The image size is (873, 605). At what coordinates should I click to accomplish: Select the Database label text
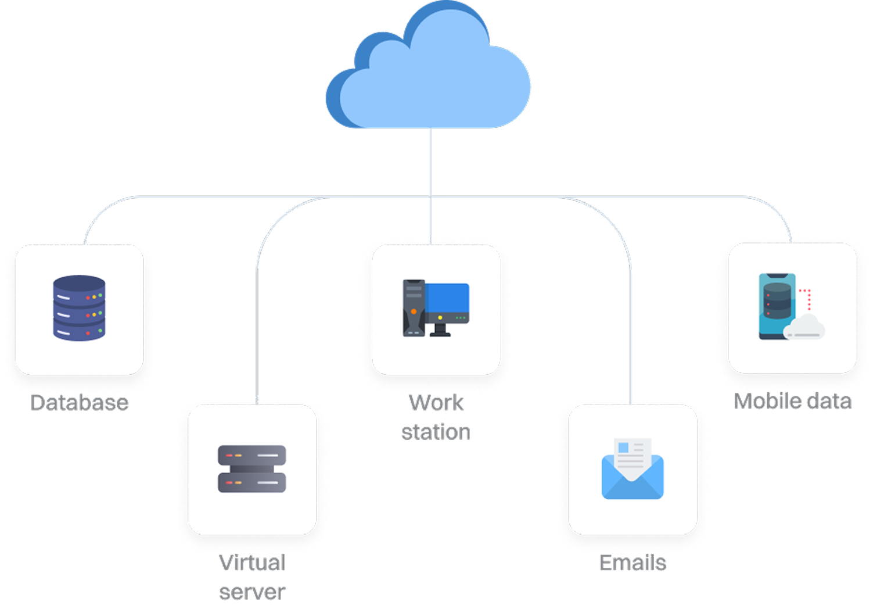tap(80, 402)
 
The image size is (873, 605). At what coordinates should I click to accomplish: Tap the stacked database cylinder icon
tap(79, 308)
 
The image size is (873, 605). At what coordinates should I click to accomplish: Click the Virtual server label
tap(252, 577)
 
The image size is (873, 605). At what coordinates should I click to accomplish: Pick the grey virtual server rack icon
tap(252, 468)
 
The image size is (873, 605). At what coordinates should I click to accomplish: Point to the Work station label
tap(436, 417)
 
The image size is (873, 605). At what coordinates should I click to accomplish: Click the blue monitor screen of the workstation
tap(447, 298)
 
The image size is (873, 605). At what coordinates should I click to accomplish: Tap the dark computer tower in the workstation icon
tap(414, 308)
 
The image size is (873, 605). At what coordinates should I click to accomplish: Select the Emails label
tap(633, 563)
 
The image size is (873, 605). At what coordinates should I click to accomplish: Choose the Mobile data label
tap(792, 402)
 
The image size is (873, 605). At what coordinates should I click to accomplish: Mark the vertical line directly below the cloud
tap(430, 163)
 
